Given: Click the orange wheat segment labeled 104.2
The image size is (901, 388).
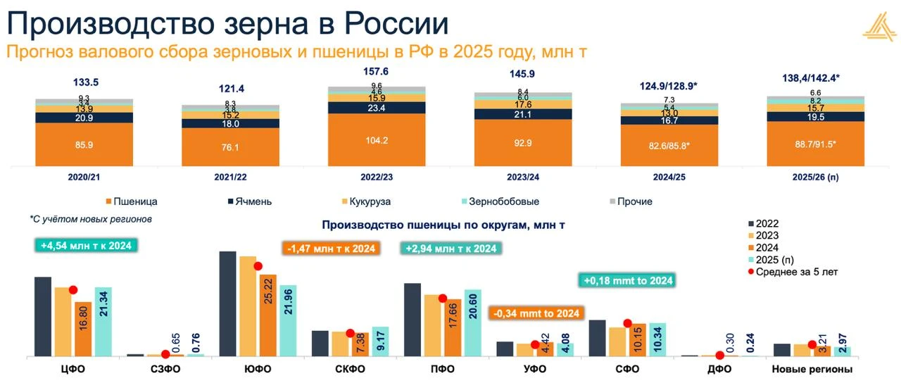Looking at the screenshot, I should tap(377, 140).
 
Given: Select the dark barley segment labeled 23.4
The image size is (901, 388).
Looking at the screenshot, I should tap(377, 108).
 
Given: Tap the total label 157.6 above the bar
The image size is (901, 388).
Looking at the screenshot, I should tap(377, 72).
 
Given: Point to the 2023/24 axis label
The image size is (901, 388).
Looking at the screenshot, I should tap(522, 177).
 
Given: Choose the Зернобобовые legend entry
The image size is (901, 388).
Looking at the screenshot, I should tap(507, 201).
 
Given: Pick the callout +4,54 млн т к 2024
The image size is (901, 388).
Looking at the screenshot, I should tap(86, 245).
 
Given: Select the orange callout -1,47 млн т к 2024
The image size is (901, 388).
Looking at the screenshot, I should tap(331, 248).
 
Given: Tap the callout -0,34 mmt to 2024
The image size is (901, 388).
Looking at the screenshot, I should tap(537, 313).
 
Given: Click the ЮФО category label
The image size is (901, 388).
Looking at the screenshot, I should tap(258, 369).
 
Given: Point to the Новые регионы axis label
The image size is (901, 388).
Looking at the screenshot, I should tap(812, 369).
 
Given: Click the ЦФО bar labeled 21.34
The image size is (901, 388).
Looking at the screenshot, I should tap(103, 321).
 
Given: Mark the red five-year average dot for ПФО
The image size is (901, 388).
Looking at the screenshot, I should tap(443, 298).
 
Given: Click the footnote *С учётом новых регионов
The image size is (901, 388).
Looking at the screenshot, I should tap(92, 219).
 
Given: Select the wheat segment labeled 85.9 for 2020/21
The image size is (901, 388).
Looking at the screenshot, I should tap(84, 145).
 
